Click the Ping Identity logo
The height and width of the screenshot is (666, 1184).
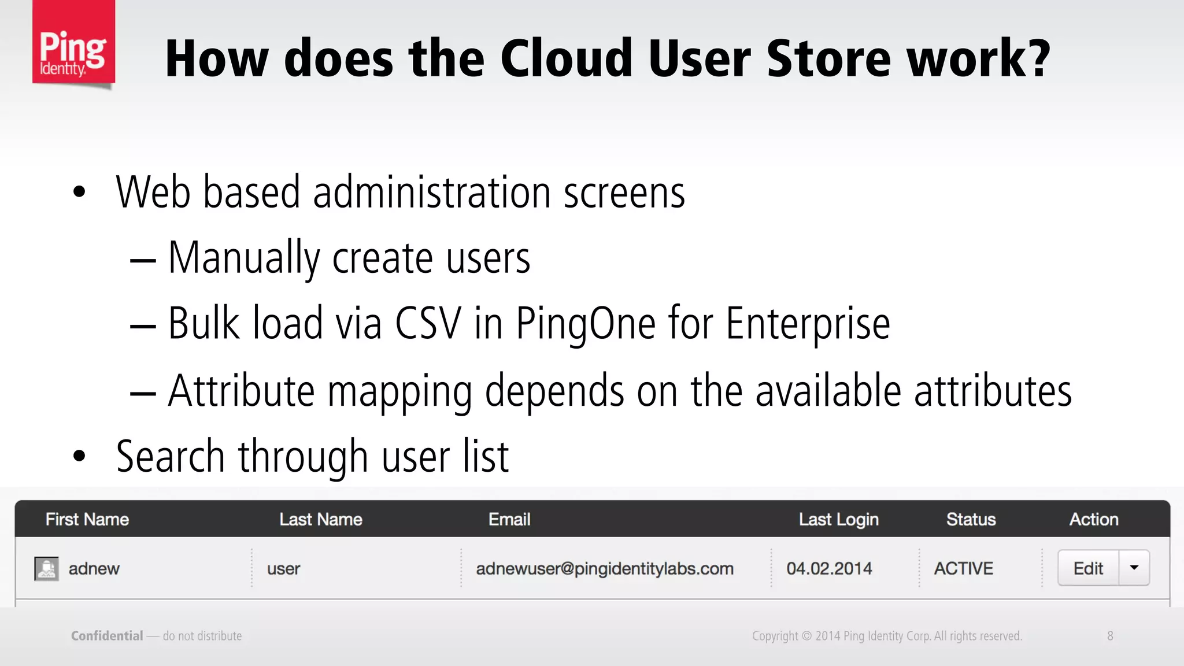(73, 43)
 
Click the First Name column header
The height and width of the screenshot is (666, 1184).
(87, 519)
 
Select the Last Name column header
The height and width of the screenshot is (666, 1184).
(321, 519)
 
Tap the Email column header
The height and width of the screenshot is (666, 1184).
(509, 519)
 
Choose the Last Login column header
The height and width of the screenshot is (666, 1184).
(838, 519)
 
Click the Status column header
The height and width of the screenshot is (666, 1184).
(971, 519)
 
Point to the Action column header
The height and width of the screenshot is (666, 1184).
(1094, 519)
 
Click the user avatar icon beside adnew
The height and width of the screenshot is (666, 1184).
(46, 568)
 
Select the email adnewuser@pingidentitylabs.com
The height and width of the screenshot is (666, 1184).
(605, 569)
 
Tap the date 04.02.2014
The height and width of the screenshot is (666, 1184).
(829, 569)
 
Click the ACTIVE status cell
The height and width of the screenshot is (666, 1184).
(963, 569)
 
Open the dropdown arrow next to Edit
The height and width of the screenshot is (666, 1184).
(1134, 568)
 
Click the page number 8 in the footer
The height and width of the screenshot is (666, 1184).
(1110, 636)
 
